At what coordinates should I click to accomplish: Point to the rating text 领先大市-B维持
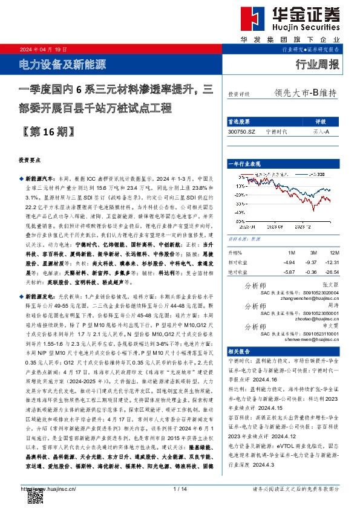coord(305,94)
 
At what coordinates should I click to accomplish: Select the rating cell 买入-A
coord(321,131)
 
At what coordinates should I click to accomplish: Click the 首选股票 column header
coord(240,121)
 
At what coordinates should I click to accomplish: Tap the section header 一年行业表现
coord(244,164)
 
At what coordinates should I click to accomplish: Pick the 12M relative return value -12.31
coord(330,262)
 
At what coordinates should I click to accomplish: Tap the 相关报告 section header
coord(238,351)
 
